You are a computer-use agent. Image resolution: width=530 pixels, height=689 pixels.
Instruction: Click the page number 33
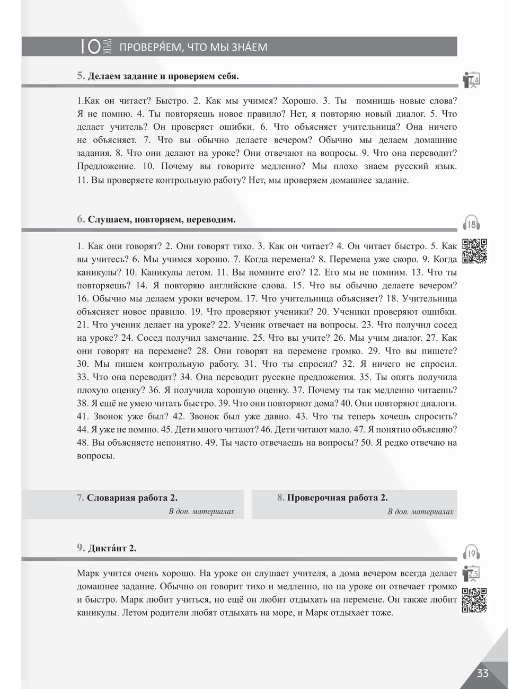click(482, 673)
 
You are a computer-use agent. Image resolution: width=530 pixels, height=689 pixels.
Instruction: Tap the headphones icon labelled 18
click(472, 224)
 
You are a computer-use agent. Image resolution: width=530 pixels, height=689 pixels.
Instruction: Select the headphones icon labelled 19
click(472, 553)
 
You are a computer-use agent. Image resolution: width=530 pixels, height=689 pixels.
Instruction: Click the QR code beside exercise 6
click(474, 251)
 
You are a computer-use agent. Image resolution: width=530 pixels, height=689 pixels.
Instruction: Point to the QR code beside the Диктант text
click(474, 600)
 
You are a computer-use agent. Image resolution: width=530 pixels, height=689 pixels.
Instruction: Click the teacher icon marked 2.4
click(471, 79)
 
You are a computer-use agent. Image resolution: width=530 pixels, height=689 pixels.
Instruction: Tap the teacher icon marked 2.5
click(471, 573)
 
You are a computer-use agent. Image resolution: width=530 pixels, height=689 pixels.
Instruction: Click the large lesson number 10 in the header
click(90, 47)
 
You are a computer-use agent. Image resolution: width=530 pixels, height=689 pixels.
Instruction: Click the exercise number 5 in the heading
click(81, 76)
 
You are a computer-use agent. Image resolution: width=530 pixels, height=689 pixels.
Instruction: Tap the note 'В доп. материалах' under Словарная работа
click(201, 511)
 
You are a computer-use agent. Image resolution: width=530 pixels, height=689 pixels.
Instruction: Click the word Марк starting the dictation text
click(87, 573)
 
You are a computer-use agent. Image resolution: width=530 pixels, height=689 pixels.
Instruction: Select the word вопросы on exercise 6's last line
click(95, 456)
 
